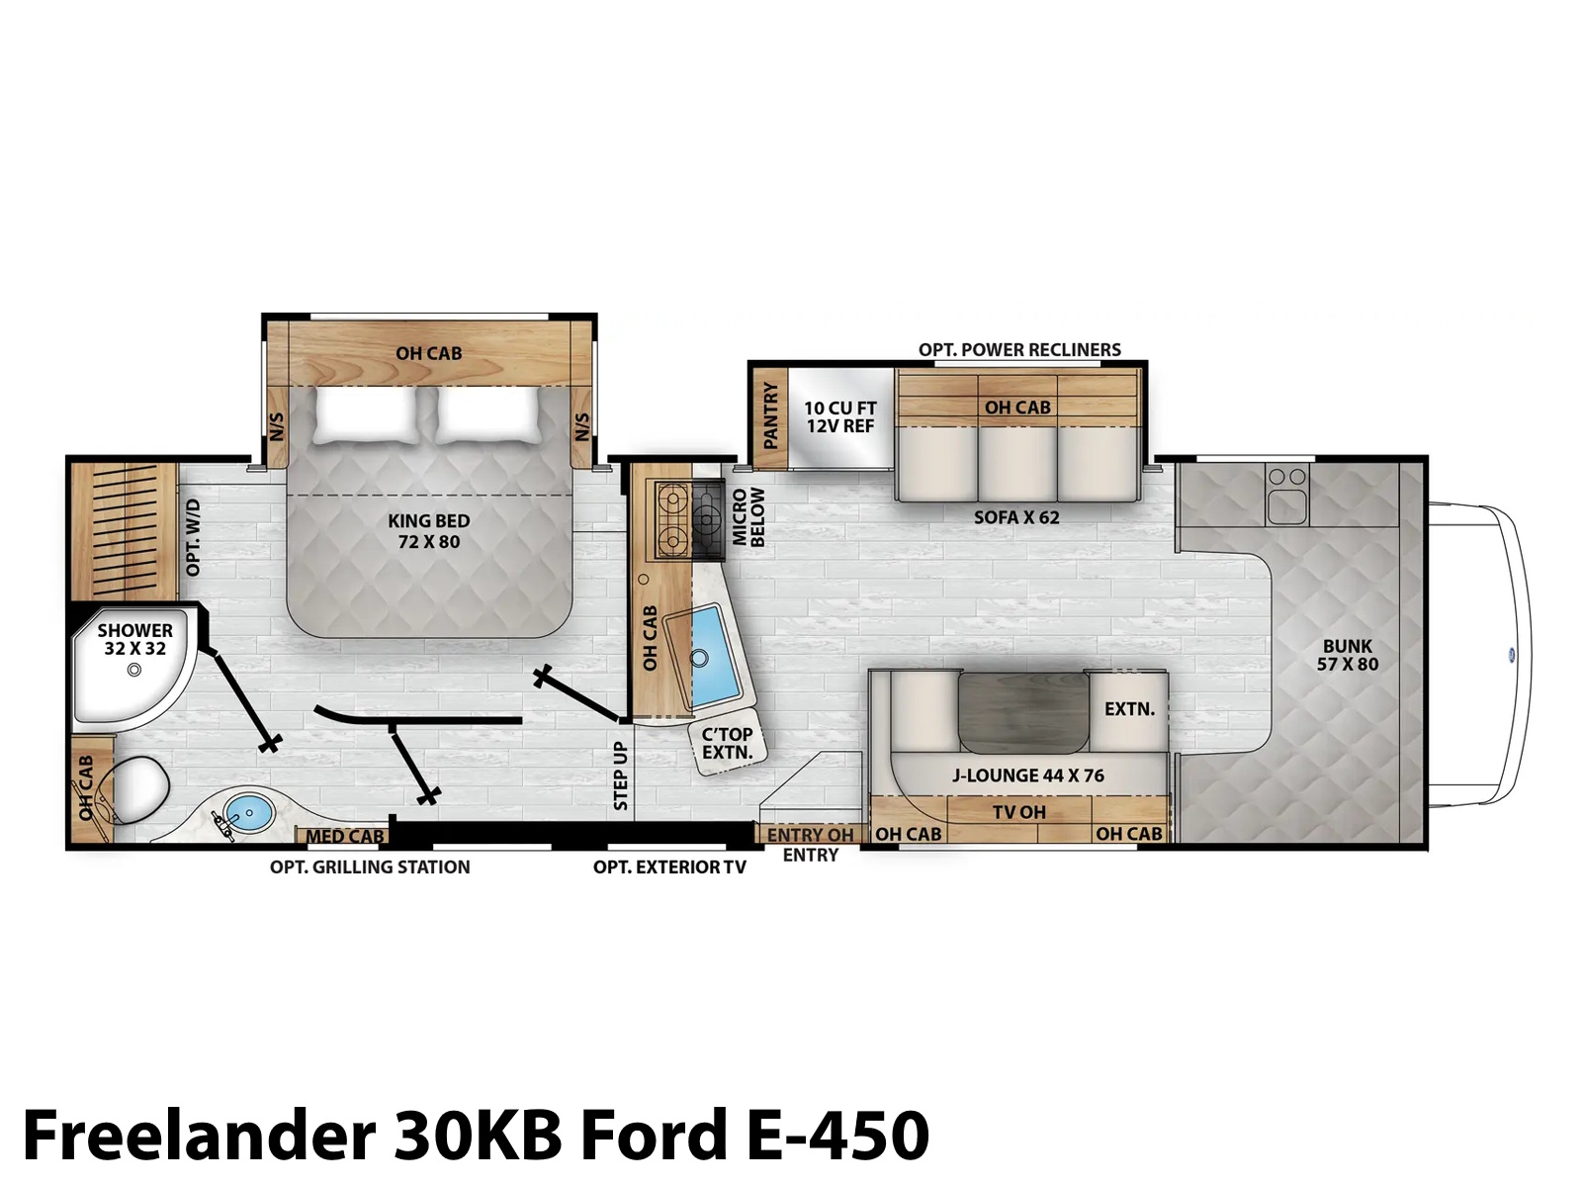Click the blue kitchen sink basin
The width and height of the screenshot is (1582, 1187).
tap(715, 656)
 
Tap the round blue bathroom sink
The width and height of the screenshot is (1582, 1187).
tap(248, 812)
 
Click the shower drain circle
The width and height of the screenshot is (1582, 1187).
tap(134, 670)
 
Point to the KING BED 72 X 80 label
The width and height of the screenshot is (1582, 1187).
tap(429, 531)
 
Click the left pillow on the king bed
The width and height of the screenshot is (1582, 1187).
tap(366, 415)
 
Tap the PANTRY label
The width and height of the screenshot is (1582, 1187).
tap(770, 415)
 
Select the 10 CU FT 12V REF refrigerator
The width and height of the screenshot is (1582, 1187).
tap(840, 417)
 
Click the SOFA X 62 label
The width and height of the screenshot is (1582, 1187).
tap(1016, 517)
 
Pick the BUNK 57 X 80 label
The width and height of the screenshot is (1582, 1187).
tap(1347, 655)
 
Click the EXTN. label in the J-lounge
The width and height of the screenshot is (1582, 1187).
tap(1129, 709)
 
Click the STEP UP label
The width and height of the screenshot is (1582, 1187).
tap(621, 776)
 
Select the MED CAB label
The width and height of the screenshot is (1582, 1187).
tap(344, 836)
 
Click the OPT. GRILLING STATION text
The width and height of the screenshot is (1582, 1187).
tap(370, 867)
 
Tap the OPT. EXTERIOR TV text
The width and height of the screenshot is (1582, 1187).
tap(669, 867)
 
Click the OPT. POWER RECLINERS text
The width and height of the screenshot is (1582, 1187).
tap(1019, 349)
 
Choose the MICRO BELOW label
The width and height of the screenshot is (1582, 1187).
tap(747, 516)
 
